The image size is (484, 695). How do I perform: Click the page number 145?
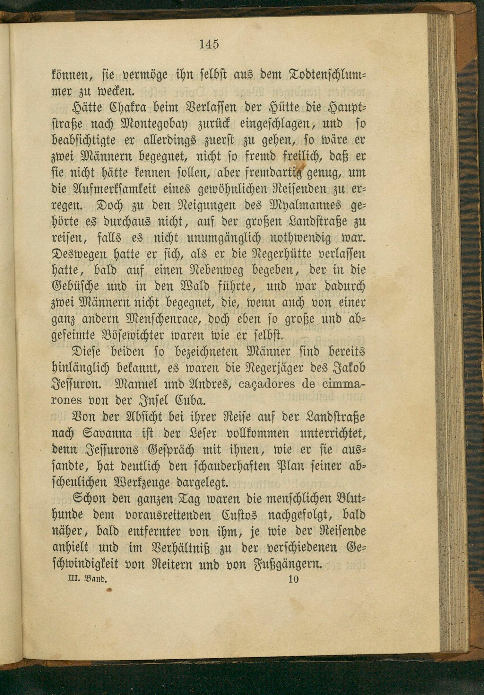[209, 44]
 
